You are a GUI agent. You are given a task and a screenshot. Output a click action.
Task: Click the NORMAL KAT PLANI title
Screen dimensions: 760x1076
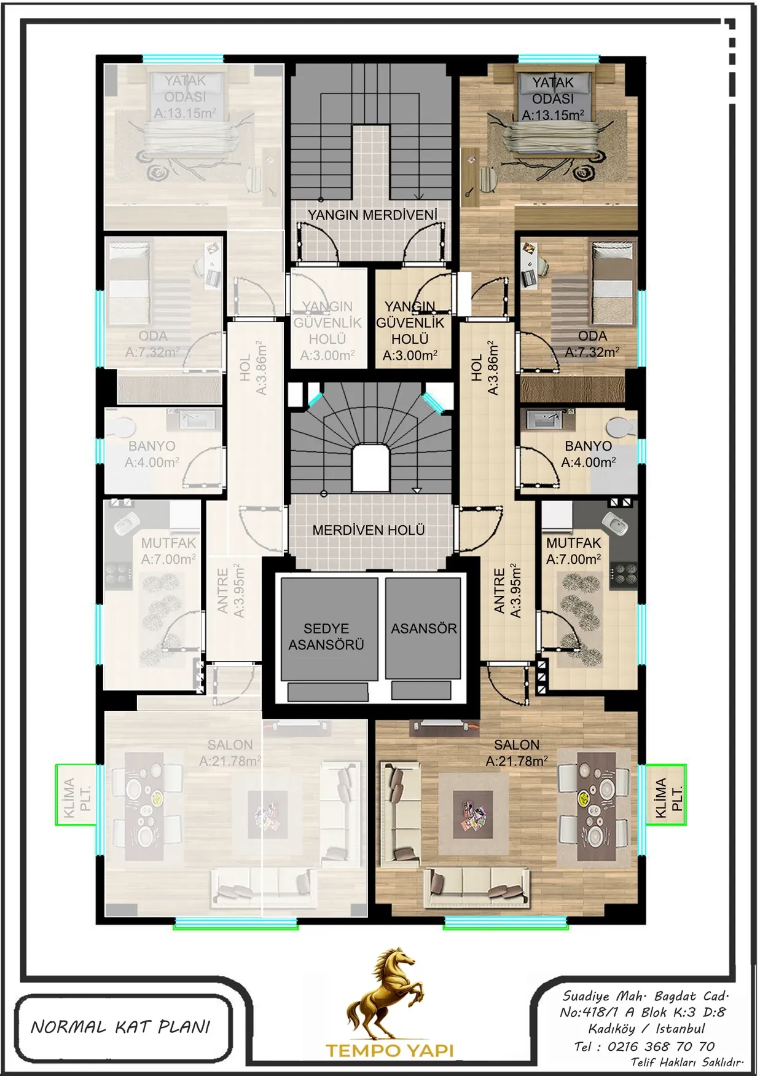pyautogui.click(x=120, y=1027)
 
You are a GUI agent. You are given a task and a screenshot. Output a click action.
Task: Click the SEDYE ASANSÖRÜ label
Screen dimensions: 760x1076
pyautogui.click(x=326, y=636)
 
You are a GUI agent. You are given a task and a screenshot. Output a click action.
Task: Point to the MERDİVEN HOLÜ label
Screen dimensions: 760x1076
pyautogui.click(x=369, y=530)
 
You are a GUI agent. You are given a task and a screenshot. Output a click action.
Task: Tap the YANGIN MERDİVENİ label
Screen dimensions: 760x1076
pyautogui.click(x=373, y=215)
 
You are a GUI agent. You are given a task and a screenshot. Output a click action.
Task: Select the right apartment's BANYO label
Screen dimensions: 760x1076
pyautogui.click(x=589, y=446)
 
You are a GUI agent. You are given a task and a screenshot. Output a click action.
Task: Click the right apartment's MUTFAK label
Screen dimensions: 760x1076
pyautogui.click(x=573, y=543)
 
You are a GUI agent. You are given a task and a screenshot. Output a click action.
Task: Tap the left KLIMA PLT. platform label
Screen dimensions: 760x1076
pyautogui.click(x=77, y=797)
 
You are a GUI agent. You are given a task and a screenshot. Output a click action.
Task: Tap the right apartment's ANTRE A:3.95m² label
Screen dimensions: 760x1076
pyautogui.click(x=507, y=590)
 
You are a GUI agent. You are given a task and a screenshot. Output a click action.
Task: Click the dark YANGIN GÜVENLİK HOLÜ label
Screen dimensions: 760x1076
pyautogui.click(x=410, y=331)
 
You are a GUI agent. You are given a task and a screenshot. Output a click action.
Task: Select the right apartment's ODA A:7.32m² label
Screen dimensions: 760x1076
pyautogui.click(x=592, y=344)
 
